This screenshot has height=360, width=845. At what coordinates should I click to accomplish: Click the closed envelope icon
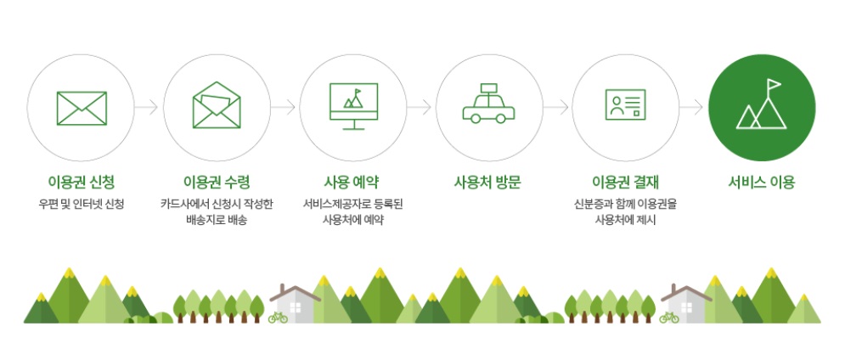coord(82,108)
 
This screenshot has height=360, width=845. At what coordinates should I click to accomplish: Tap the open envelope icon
coord(217,106)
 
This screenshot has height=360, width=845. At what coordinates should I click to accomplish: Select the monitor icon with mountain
coord(353,107)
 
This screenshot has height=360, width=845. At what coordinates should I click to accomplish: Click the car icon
coord(488,105)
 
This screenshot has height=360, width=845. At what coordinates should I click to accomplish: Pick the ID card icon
coord(626,107)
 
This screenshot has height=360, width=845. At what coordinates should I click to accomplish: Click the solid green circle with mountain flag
coord(762,108)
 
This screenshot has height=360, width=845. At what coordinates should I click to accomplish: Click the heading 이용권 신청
coord(82,182)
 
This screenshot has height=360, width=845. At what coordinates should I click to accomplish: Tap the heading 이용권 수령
coord(217,182)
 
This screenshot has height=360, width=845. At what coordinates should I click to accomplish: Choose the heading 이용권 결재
coord(625,182)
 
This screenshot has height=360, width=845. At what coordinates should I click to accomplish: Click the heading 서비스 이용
coord(762,182)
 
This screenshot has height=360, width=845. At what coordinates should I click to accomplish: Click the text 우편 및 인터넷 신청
coord(82,204)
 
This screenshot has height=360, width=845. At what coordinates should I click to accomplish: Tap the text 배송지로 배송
coord(217,221)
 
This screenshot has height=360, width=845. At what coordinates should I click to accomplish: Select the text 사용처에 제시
coord(625,221)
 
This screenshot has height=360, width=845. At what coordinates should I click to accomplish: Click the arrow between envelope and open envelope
coord(149,108)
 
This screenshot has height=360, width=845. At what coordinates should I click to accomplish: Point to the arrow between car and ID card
coord(556,108)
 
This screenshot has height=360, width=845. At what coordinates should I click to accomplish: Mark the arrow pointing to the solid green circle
coord(692,108)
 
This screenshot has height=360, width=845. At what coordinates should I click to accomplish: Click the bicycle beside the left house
coord(277,318)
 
